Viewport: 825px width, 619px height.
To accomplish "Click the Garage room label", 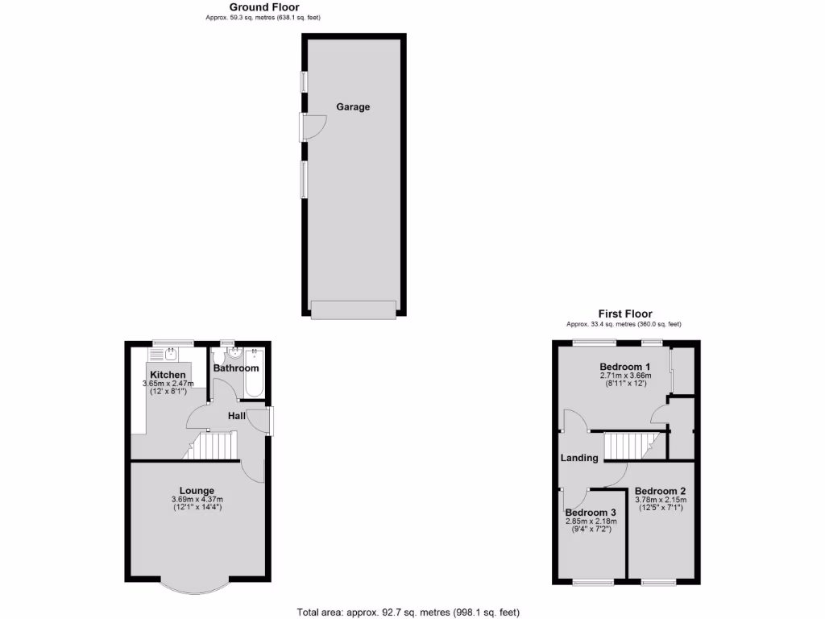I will click(353, 106).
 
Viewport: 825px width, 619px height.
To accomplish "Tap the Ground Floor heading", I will click(264, 7).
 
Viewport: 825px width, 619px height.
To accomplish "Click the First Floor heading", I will click(624, 314).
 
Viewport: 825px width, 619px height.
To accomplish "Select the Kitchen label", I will click(168, 375).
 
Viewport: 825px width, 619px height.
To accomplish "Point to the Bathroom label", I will click(236, 368).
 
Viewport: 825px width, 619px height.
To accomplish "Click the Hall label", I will click(237, 416).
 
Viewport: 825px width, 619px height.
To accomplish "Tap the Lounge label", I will click(197, 490).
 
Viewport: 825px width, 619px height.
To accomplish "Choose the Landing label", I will click(580, 458).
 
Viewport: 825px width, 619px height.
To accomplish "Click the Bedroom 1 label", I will click(624, 368).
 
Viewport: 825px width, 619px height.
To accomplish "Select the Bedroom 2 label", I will click(661, 491).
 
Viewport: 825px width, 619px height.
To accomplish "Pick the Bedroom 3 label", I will click(591, 513).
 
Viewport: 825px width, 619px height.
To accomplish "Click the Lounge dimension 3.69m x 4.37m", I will click(197, 500).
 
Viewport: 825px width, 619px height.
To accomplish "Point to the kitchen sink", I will click(171, 354).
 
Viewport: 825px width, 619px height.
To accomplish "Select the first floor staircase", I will click(632, 446).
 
